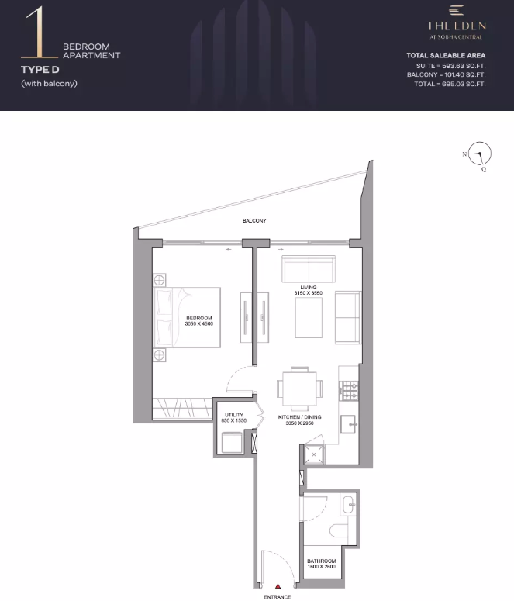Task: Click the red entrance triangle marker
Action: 278,586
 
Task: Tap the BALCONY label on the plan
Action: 254,221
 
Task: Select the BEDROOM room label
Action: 199,318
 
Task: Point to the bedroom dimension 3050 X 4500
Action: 199,324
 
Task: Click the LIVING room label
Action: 309,288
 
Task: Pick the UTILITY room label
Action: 234,415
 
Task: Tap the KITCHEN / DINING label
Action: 300,417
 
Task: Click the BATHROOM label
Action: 321,561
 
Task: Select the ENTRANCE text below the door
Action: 277,597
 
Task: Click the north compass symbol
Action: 480,154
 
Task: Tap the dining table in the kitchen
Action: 300,389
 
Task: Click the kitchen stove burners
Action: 350,391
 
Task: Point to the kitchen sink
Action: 348,425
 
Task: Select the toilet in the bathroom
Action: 339,531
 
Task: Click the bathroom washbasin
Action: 348,505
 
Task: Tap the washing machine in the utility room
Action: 232,443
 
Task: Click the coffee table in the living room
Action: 309,318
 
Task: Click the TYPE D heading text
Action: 40,70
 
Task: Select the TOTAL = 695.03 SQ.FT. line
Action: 450,84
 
